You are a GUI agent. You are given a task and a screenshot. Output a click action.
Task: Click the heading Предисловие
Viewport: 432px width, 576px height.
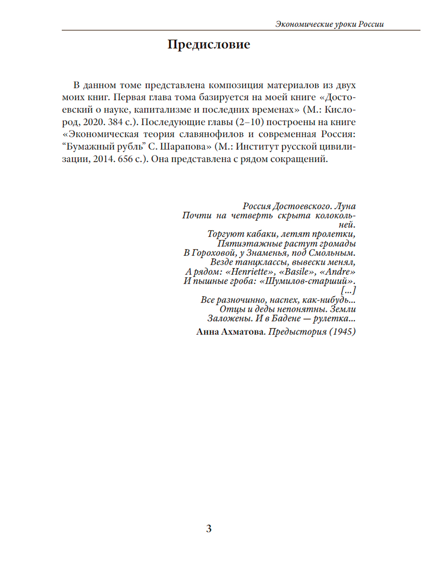click(x=209, y=45)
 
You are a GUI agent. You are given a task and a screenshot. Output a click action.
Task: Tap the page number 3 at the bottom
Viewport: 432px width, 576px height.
click(x=208, y=529)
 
